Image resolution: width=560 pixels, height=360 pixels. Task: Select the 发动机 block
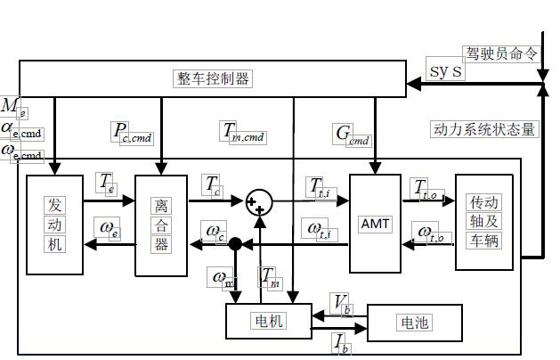(54, 224)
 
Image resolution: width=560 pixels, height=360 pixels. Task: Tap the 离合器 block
(161, 225)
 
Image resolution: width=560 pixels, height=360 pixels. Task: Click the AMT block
(376, 225)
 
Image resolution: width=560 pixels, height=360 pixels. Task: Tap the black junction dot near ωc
(236, 243)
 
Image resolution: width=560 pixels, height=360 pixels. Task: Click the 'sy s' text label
(445, 70)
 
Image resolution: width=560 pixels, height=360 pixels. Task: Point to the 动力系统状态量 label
(483, 129)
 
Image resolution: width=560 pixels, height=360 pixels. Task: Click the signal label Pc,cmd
(132, 132)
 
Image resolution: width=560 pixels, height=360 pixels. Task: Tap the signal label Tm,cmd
(243, 132)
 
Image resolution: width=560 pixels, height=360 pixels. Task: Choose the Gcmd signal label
(352, 134)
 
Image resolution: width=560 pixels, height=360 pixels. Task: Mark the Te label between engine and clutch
(106, 184)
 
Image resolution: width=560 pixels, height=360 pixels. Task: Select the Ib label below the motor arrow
(341, 342)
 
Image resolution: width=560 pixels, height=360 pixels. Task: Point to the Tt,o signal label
(426, 189)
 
